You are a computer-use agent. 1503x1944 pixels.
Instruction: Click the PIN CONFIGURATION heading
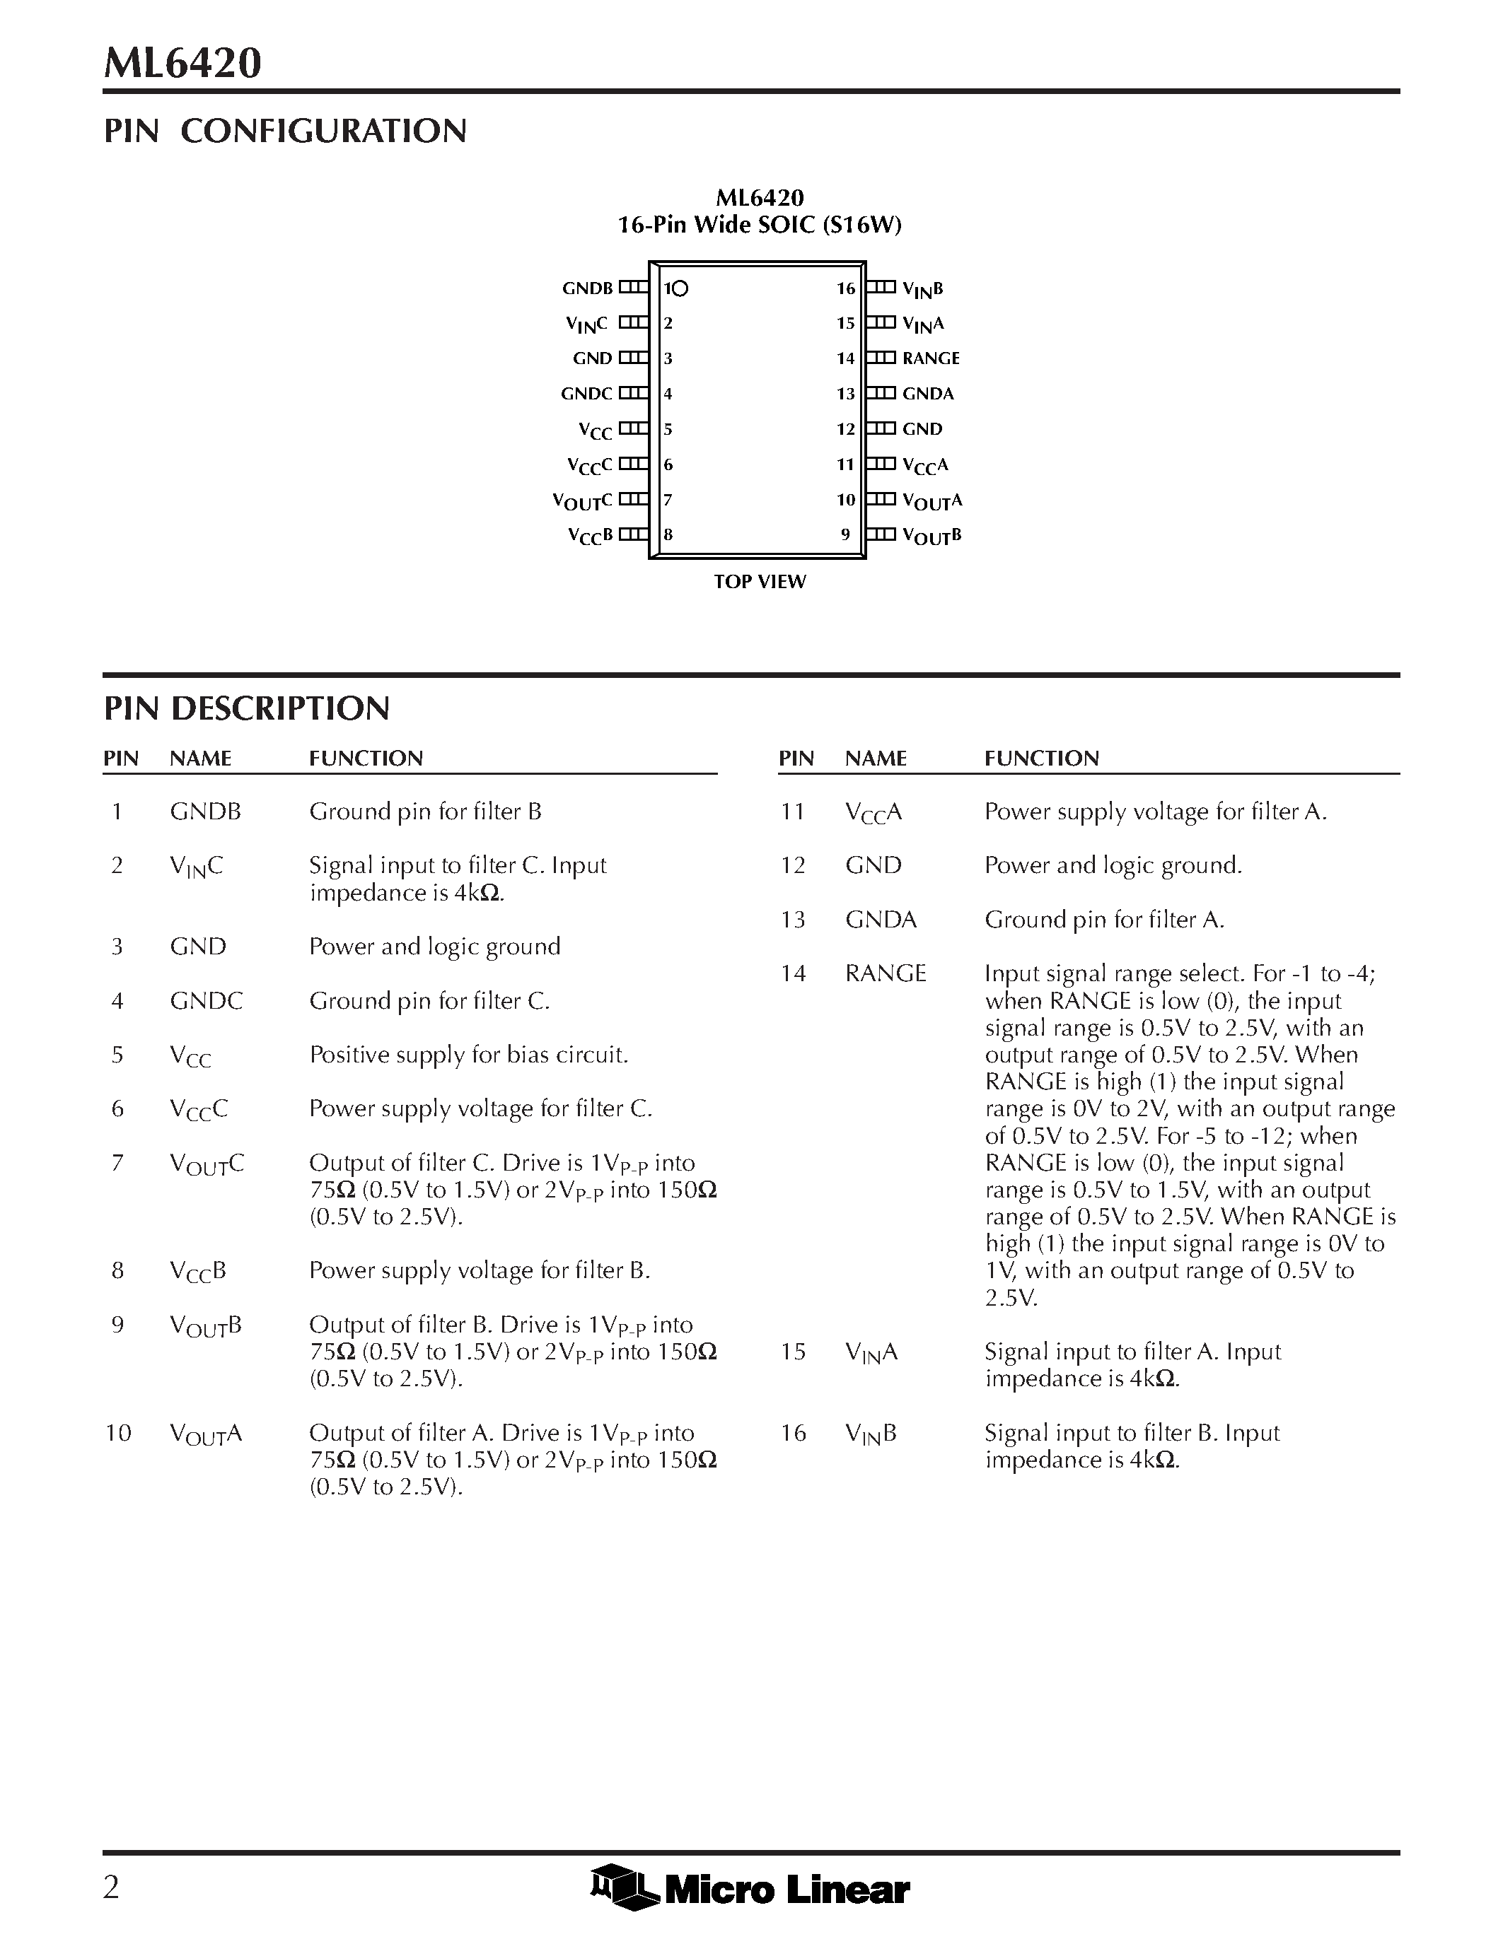click(285, 131)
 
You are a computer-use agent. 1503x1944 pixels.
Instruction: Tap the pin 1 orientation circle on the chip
click(680, 288)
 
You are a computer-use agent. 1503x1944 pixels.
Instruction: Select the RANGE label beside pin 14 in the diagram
click(931, 358)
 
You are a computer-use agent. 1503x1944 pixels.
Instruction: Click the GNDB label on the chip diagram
click(587, 288)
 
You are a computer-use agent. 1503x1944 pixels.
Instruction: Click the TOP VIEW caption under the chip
click(760, 582)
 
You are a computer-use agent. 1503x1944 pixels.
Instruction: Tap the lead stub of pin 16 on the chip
click(881, 288)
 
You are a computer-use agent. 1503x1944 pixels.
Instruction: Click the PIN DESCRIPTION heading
click(247, 708)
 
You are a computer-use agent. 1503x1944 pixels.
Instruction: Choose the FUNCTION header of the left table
click(366, 759)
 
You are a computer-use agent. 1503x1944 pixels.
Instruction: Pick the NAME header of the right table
click(875, 759)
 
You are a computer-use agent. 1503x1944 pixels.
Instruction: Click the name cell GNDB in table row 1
click(205, 812)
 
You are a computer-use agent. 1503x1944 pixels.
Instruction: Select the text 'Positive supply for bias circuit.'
click(468, 1055)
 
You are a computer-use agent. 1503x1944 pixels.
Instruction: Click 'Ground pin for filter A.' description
click(1104, 920)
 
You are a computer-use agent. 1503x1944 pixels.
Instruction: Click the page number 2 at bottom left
click(111, 1887)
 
